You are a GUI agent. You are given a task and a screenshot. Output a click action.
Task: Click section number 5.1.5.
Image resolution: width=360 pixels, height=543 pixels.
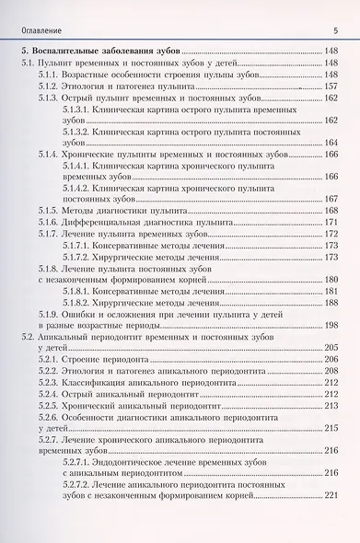[50, 212]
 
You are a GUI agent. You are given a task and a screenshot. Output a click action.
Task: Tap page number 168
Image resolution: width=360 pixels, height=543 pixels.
[331, 212]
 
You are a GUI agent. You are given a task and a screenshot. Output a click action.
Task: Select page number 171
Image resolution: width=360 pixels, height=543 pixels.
[331, 224]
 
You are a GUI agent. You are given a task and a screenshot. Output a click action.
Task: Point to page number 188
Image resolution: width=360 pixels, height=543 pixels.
[331, 303]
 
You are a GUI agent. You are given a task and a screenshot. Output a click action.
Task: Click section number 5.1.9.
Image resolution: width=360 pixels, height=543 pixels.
[50, 314]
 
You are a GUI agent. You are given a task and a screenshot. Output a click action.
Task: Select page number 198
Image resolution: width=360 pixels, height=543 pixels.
[331, 327]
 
